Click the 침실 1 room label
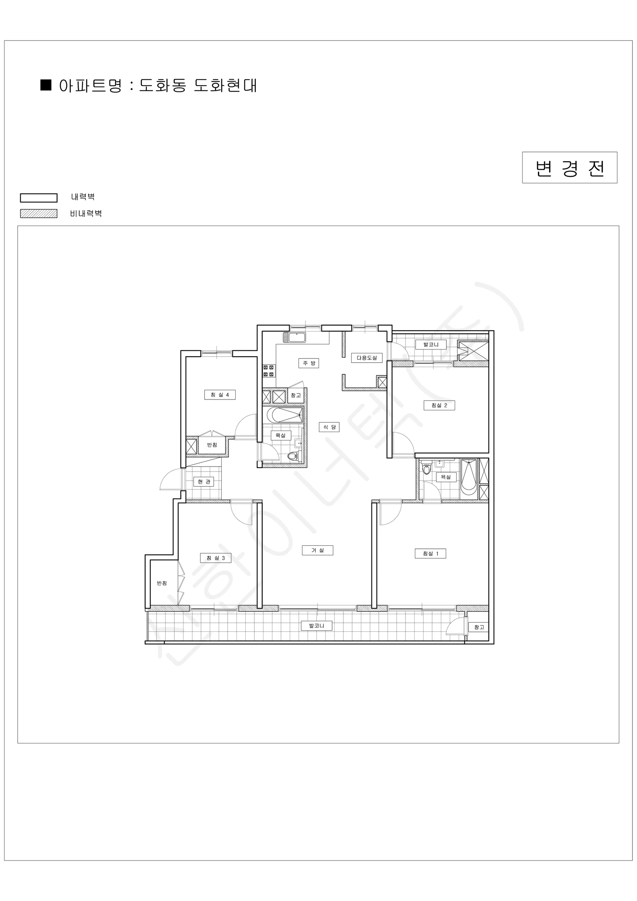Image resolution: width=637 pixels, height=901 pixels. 430,553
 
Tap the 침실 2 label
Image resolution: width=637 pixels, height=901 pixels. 439,405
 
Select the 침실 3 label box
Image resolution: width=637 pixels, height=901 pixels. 216,557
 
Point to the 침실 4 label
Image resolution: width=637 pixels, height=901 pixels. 220,395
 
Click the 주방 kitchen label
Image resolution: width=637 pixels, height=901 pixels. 309,363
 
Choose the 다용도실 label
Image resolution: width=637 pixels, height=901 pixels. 367,358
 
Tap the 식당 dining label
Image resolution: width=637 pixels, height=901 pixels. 329,427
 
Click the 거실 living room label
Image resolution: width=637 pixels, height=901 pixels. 318,550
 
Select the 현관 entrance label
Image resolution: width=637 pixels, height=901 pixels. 204,482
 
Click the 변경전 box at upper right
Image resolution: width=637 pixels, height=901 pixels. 569,167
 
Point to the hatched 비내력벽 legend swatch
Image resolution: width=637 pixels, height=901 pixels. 39,214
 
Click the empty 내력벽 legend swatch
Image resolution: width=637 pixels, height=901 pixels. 39,198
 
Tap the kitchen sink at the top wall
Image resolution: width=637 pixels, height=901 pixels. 294,337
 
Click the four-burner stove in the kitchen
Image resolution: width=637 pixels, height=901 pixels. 269,371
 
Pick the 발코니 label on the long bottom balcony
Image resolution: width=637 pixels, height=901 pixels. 317,626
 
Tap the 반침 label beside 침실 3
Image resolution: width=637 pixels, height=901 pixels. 162,583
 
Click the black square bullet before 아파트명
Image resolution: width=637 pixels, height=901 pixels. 46,85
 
